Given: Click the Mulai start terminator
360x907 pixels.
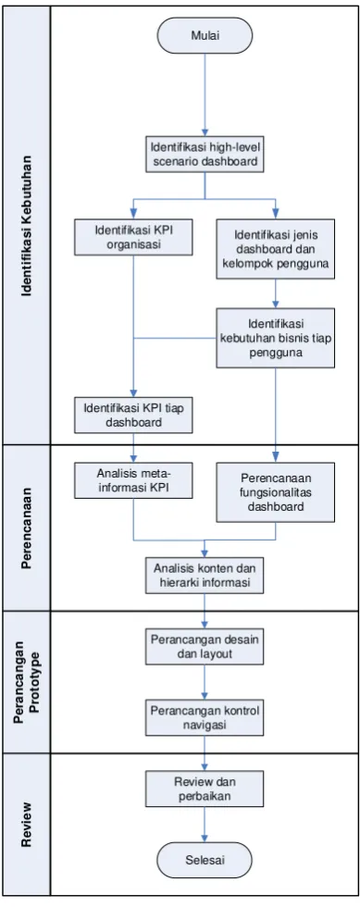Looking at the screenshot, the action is (x=205, y=35).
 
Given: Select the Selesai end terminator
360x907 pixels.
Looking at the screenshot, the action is (x=205, y=860).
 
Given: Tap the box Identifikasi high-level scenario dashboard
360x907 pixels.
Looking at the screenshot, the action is (x=205, y=154).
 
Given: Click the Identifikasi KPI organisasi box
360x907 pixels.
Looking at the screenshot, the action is (x=133, y=237).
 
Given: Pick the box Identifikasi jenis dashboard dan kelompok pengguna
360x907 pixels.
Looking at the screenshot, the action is (x=276, y=249).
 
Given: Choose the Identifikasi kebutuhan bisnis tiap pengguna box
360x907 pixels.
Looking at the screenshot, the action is (x=276, y=338).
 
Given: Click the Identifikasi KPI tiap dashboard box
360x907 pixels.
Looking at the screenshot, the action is (x=133, y=415).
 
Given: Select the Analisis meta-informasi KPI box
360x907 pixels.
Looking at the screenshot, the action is (x=133, y=480).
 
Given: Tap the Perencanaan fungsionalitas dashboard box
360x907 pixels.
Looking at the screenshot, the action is (x=276, y=492).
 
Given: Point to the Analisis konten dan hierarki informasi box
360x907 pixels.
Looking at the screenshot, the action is (x=205, y=575).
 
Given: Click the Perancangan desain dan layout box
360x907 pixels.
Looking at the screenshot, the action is (x=205, y=646).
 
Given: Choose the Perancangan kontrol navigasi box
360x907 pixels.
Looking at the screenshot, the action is (x=205, y=717).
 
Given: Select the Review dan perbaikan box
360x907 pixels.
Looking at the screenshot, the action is (x=205, y=789).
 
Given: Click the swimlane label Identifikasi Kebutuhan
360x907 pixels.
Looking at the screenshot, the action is (x=26, y=226).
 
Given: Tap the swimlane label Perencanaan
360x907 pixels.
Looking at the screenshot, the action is (x=26, y=528).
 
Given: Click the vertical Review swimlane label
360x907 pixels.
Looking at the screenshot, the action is (x=26, y=825).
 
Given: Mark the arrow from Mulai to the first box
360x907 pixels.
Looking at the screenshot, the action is (x=205, y=94).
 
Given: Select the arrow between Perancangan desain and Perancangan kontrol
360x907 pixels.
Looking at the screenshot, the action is (x=205, y=682).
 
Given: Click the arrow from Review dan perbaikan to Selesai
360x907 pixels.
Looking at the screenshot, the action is (x=205, y=825).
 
